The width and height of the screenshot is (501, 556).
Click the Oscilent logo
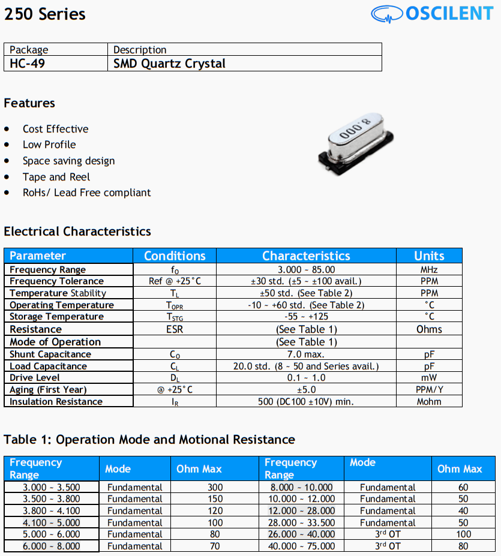(x=431, y=14)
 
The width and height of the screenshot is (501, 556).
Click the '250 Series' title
(x=45, y=14)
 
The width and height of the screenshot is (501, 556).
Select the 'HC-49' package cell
(x=28, y=64)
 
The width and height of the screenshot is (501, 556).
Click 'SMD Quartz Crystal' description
(x=169, y=64)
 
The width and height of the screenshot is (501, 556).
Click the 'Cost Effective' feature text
(x=55, y=129)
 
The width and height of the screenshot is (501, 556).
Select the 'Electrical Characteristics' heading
(x=77, y=232)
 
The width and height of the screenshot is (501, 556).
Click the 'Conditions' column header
(x=175, y=256)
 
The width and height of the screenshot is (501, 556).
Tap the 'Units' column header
(x=429, y=256)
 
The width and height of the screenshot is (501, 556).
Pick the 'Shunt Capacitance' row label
(x=50, y=354)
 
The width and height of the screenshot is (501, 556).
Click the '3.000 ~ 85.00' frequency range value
(x=306, y=270)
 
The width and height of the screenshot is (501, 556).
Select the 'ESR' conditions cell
(x=175, y=329)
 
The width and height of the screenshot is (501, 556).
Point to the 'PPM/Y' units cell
(x=429, y=390)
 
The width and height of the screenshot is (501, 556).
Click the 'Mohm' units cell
(x=429, y=402)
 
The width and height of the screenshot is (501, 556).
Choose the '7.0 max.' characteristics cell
(x=306, y=354)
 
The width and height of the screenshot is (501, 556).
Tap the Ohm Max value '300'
(x=215, y=488)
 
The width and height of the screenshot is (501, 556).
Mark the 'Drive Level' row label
(x=35, y=378)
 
